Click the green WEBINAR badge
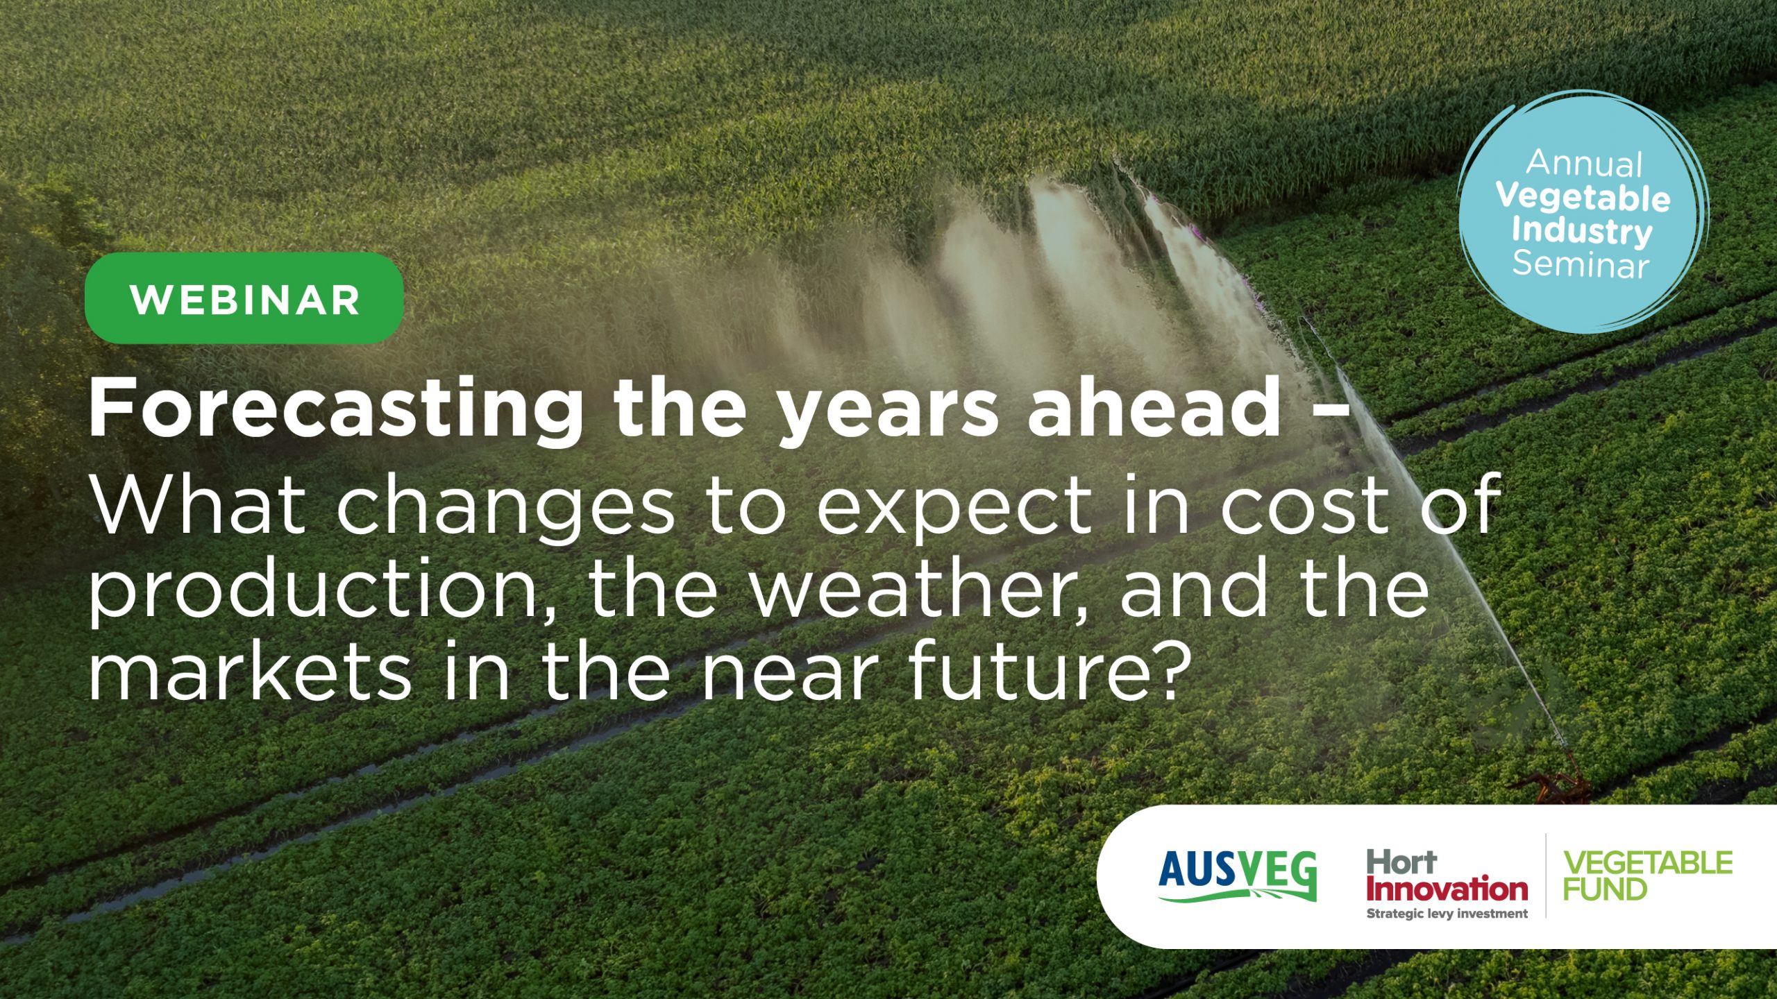point(244,298)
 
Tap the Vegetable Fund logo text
point(1647,876)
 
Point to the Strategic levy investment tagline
point(1447,914)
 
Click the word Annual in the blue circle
point(1584,164)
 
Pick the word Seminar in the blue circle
point(1581,264)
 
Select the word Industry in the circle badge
point(1582,231)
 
